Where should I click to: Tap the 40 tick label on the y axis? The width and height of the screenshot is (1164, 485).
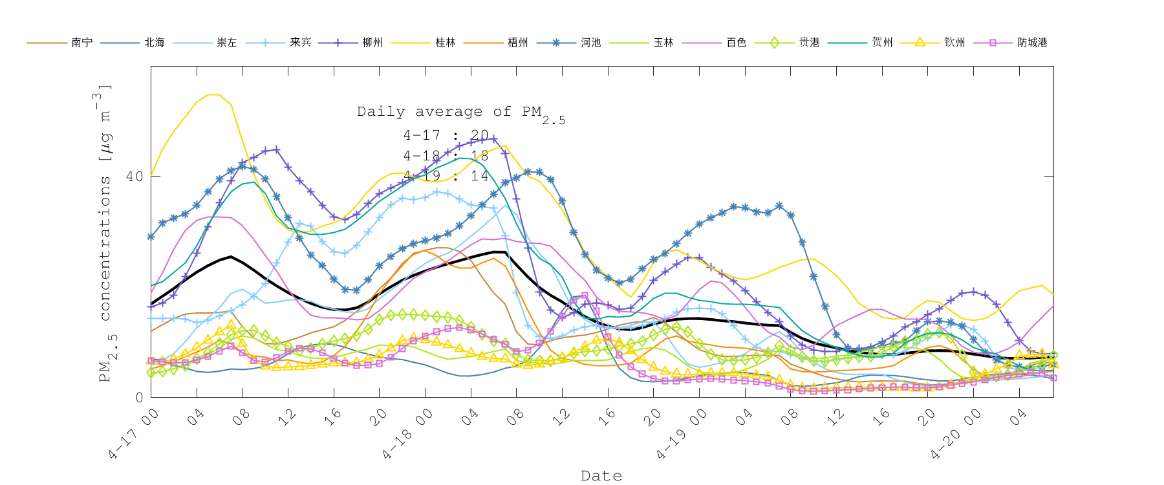(x=134, y=177)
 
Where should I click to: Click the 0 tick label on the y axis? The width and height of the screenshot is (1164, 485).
(x=139, y=398)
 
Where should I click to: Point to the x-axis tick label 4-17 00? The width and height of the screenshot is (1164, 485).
(x=133, y=435)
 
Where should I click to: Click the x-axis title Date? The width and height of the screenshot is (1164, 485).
(x=601, y=476)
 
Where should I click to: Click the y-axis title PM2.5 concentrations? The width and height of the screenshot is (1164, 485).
(x=105, y=233)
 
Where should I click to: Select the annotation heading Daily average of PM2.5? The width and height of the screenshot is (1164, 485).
(x=460, y=113)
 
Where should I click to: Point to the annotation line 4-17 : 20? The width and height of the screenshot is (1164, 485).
(x=446, y=135)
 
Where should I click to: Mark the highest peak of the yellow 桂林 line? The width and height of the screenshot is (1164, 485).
(x=214, y=94)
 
